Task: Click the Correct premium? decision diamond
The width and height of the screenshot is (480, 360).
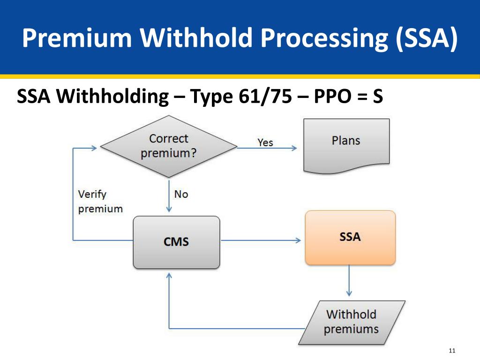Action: pyautogui.click(x=169, y=146)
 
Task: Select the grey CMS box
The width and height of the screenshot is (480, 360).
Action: pyautogui.click(x=176, y=242)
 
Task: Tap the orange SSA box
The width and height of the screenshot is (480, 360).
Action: pyautogui.click(x=350, y=237)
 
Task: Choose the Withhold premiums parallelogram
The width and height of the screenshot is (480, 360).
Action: pyautogui.click(x=351, y=322)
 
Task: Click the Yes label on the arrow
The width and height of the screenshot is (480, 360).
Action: pyautogui.click(x=265, y=142)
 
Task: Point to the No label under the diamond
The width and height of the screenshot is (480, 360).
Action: pyautogui.click(x=181, y=194)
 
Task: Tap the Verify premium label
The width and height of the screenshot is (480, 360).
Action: pyautogui.click(x=100, y=201)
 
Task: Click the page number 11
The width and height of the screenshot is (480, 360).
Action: pyautogui.click(x=452, y=351)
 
